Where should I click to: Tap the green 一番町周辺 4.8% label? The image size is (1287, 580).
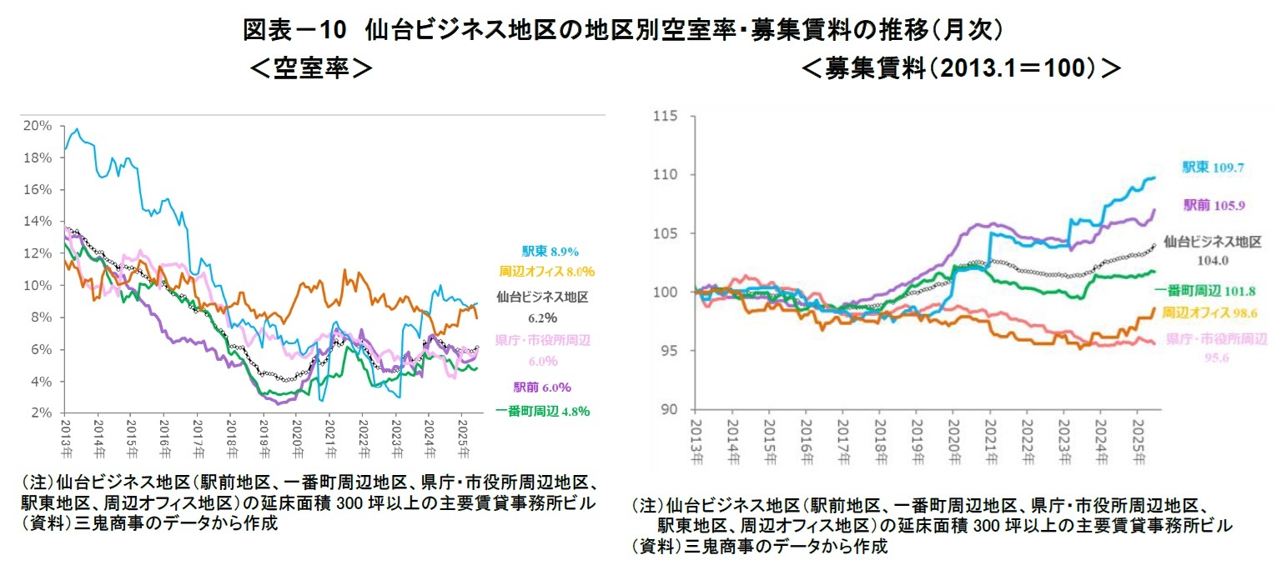[x=542, y=410]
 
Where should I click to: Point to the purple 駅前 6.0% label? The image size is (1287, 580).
[x=542, y=387]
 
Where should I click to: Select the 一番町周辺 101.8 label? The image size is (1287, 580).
[x=1207, y=291]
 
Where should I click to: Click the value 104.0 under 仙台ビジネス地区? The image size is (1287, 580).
[x=1211, y=261]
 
